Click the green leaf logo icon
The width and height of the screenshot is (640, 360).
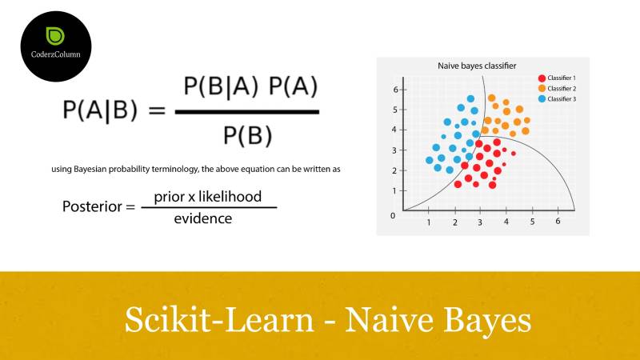pos(55,36)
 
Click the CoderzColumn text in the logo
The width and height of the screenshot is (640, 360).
pos(55,54)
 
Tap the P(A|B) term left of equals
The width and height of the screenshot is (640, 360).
pos(100,110)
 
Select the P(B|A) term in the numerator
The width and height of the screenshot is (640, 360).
pos(221,86)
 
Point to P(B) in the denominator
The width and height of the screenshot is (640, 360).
pos(248,135)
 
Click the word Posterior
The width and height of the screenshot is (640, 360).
pos(92,206)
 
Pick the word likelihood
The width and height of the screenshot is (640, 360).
pos(230,197)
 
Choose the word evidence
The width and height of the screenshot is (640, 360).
pos(203,218)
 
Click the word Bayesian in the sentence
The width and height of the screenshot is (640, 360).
pos(90,170)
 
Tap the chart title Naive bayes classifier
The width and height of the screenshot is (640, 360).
pos(477,66)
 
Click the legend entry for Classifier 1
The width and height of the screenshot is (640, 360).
pos(557,78)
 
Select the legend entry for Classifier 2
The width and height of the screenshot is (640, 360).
pos(557,89)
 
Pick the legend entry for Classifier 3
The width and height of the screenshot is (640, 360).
pos(557,98)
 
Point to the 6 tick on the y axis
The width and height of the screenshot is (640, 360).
pos(395,90)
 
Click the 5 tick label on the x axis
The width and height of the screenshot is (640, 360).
pos(532,222)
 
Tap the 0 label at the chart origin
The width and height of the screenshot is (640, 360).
pos(393,216)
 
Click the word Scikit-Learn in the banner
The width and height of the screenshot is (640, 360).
pos(219,319)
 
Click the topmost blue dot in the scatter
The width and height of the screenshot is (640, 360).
pos(470,98)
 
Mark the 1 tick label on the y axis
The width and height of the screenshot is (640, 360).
pos(394,190)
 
